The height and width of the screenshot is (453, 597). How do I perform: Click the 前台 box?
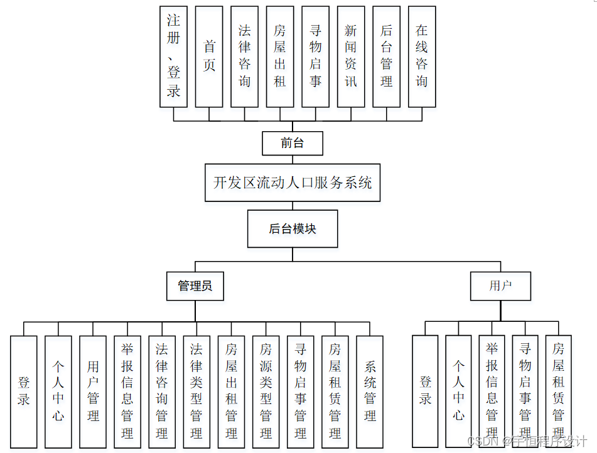[292, 143]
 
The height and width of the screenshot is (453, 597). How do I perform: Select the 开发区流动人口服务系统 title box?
[293, 183]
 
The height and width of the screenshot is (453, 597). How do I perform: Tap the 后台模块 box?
[293, 229]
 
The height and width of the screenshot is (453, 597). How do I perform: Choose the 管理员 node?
[195, 286]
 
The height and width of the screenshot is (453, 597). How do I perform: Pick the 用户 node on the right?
[500, 286]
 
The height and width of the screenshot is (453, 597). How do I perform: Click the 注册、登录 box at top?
[174, 56]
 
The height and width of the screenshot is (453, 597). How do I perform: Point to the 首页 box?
[209, 56]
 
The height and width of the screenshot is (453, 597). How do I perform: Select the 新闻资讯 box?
[351, 56]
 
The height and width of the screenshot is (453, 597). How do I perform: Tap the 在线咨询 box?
[422, 56]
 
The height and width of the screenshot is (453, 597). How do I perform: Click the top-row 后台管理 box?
[386, 56]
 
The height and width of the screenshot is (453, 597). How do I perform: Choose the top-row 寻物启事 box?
[315, 56]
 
